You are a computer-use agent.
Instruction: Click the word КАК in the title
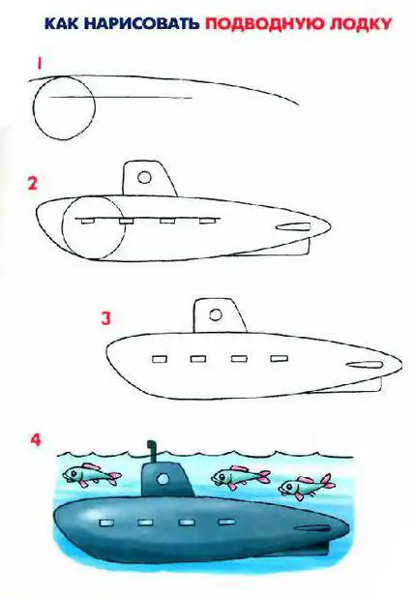61,23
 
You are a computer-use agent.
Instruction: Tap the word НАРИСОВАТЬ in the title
141,23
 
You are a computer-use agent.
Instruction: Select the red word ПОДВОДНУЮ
264,23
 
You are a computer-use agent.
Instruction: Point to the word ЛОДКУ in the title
360,24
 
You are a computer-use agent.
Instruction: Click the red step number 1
39,64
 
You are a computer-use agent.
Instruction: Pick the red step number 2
33,184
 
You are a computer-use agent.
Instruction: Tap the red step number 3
105,318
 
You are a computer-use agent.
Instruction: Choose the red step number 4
36,439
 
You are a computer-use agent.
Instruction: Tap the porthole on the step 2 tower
144,177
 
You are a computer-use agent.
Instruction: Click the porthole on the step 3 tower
216,314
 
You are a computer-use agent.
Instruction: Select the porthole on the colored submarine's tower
163,479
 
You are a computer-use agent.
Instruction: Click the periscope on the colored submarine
153,452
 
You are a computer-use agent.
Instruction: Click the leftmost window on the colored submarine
106,523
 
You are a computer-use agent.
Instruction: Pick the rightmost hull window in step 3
280,358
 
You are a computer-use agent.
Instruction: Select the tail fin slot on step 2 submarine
293,227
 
